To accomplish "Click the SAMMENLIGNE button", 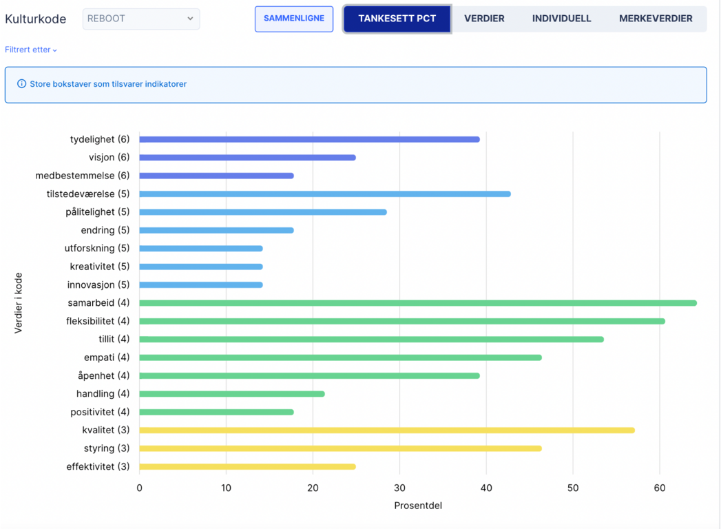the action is pos(294,19).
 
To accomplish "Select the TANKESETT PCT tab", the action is pos(397,19).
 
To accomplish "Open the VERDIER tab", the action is pos(484,19).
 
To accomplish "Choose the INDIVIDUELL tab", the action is pos(561,19).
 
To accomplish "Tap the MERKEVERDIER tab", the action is pos(656,19).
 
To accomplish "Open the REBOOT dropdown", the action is pos(141,19).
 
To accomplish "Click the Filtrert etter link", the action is pos(31,50).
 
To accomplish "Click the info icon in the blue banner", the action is pos(21,84).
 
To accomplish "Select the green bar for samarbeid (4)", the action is pos(418,303).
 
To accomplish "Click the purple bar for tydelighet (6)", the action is pos(309,139).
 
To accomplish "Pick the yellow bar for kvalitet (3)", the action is pos(387,431).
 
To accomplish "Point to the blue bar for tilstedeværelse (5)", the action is pos(325,194).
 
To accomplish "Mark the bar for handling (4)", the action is pos(232,394).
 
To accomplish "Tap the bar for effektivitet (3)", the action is pos(247,467).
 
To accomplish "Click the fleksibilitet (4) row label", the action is pos(98,321).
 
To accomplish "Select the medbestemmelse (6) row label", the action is pos(83,176).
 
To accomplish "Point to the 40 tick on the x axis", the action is pos(486,488).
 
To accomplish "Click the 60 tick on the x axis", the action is pos(660,488).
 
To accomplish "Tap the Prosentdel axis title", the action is pos(418,506).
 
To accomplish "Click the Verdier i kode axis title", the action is pos(19,303).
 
